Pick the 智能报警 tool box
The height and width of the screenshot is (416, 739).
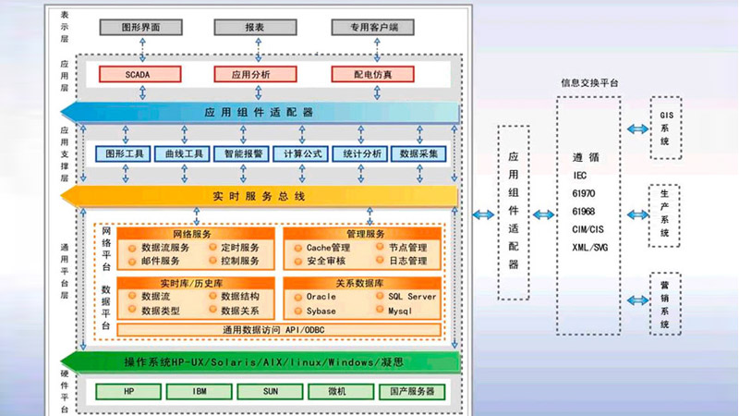point(244,153)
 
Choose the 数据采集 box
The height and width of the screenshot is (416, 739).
point(418,153)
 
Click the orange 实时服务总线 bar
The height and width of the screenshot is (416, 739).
point(259,196)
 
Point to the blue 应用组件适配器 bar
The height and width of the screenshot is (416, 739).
point(259,112)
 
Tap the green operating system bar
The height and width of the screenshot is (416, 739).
point(259,361)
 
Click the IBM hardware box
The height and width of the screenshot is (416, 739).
point(199,391)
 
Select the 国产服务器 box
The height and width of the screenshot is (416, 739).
point(411,391)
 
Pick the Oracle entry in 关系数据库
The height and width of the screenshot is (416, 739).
point(321,297)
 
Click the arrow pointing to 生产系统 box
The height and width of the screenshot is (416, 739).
point(636,214)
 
